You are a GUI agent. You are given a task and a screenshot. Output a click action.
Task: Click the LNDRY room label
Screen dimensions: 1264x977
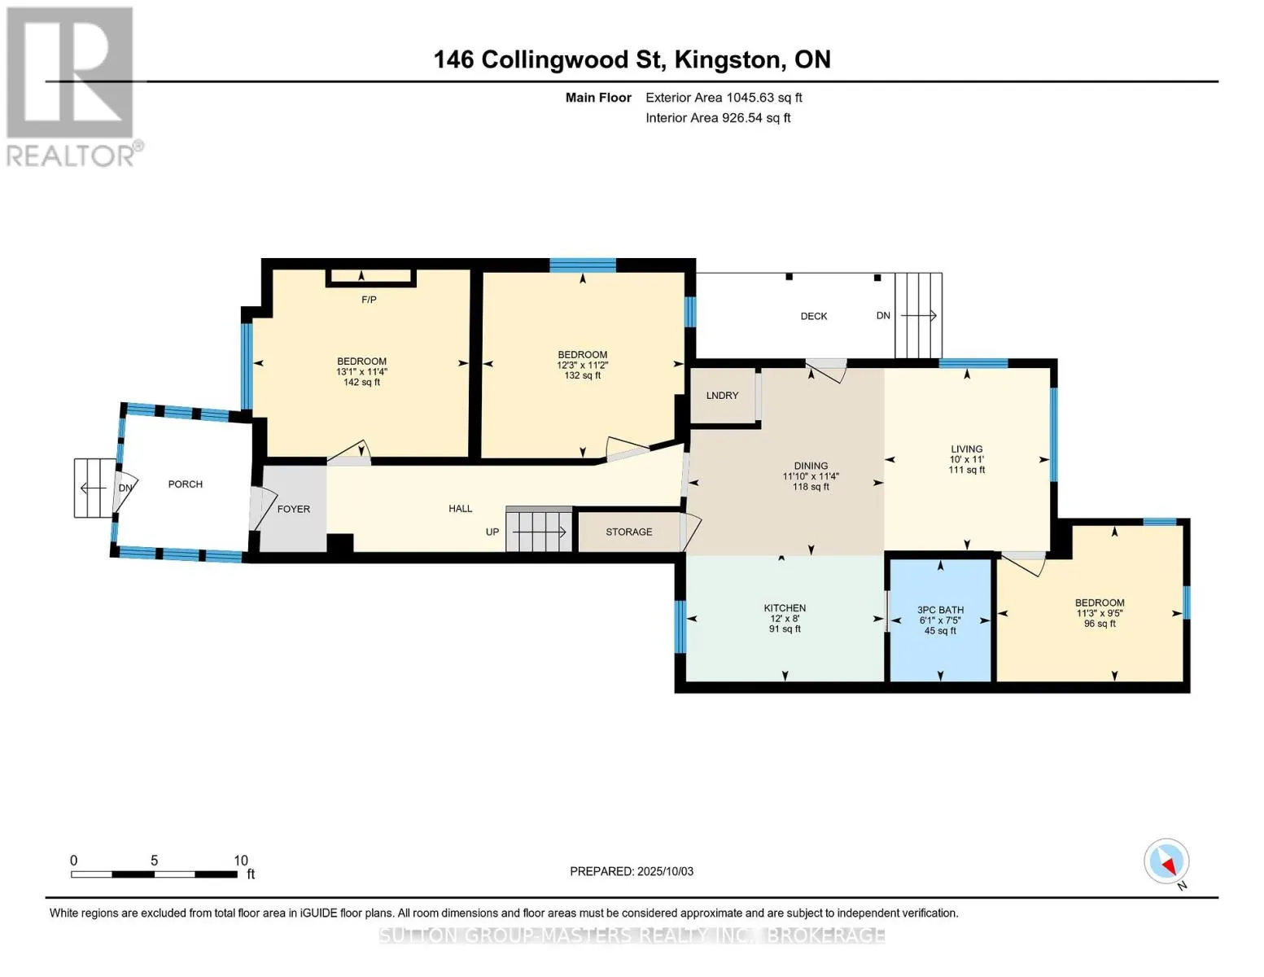[x=722, y=396]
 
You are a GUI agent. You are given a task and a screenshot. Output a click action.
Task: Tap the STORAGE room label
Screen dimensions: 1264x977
[x=629, y=532]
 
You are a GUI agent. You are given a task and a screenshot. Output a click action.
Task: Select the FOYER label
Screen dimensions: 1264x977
[x=293, y=509]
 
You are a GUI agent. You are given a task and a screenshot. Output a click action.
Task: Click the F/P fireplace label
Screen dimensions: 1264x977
[x=369, y=300]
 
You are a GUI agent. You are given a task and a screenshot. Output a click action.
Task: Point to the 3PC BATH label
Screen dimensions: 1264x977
[x=941, y=610]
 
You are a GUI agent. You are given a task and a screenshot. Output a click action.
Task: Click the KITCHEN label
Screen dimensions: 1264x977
[x=785, y=608]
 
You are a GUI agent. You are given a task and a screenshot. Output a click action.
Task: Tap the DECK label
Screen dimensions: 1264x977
[x=814, y=316]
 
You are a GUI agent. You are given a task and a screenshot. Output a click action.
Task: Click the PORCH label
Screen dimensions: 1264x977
[x=185, y=484]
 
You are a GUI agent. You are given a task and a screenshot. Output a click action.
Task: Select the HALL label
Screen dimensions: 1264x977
[x=460, y=509]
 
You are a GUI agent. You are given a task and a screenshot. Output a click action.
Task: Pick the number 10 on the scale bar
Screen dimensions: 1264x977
[x=241, y=861]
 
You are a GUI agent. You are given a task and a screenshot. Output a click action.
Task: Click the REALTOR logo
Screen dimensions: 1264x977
[x=72, y=87]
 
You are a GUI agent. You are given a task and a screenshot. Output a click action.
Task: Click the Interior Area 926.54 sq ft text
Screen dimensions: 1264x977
[x=718, y=118]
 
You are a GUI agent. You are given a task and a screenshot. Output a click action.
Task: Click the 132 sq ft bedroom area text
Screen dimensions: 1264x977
[x=582, y=376]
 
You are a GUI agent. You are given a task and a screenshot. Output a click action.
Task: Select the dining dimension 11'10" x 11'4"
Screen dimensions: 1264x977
[x=811, y=476]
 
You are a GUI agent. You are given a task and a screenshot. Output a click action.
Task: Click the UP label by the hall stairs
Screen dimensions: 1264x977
[x=492, y=532]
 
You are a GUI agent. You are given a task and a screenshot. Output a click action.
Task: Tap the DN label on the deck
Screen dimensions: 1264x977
[x=883, y=315]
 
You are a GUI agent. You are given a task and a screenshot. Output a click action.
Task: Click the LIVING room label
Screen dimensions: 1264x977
[x=967, y=449]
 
